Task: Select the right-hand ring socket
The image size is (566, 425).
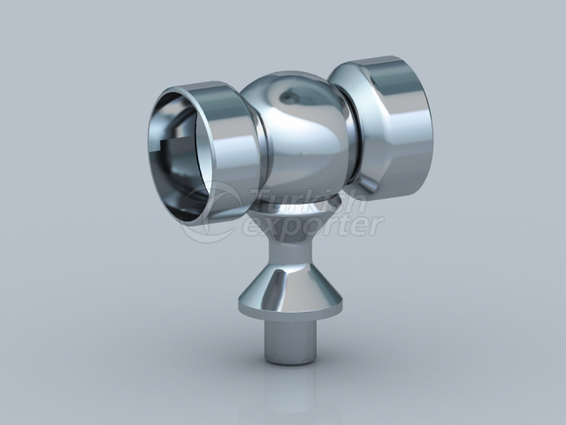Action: [x=389, y=124]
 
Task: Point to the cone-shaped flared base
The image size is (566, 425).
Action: [x=289, y=283]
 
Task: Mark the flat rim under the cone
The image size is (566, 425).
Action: [x=289, y=311]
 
